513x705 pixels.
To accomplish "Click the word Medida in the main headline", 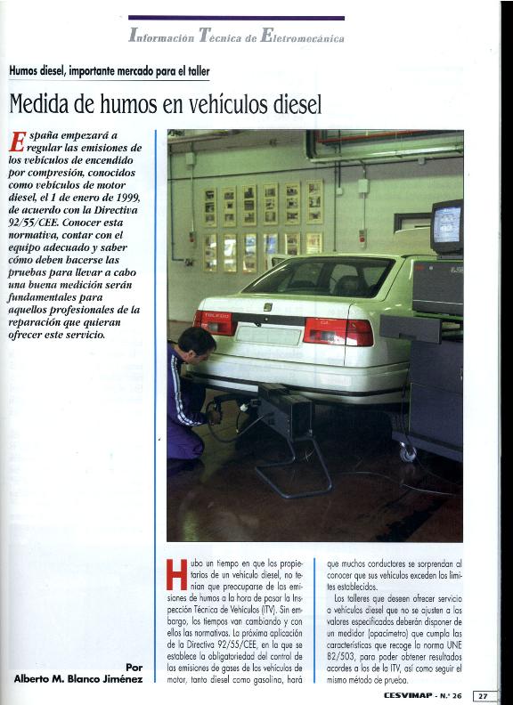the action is [x=38, y=103].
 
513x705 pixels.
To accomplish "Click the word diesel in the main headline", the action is [x=289, y=103].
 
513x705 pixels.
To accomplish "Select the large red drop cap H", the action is [x=176, y=575].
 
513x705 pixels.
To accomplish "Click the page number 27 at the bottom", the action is [x=482, y=695].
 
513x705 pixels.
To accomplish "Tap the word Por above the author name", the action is [x=134, y=666].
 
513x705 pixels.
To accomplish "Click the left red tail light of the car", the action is [x=214, y=322].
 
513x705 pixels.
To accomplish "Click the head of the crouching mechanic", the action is [x=197, y=342].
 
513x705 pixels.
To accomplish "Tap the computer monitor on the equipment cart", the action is [x=446, y=227].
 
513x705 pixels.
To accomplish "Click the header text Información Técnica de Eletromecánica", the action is [x=236, y=36].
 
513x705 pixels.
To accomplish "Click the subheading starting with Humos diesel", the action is [x=110, y=71].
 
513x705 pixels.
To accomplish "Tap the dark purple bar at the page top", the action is [x=236, y=18].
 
